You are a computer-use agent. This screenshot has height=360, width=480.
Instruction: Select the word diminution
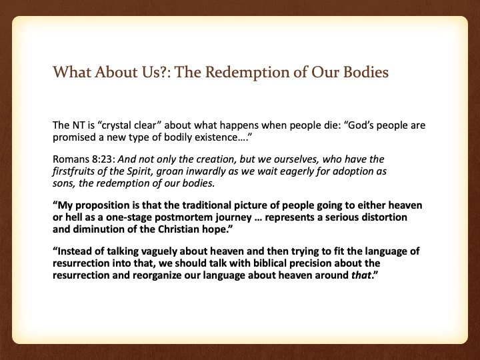pyautogui.click(x=98, y=229)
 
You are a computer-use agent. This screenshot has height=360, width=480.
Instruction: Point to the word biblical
pyautogui.click(x=270, y=263)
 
